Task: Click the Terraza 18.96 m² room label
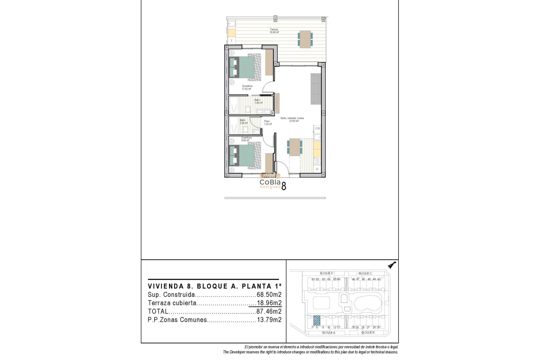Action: click(x=274, y=31)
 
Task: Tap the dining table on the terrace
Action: click(x=305, y=39)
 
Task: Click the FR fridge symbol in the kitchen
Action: click(x=318, y=129)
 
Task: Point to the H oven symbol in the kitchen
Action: click(x=317, y=169)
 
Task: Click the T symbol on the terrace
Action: click(x=231, y=41)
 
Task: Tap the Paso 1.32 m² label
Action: click(x=268, y=123)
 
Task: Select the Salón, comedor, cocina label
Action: click(x=292, y=120)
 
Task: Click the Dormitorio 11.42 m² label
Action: click(x=247, y=87)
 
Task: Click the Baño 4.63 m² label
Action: click(x=258, y=101)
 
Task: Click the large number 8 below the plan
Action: click(x=284, y=186)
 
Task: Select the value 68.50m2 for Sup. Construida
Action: click(x=269, y=295)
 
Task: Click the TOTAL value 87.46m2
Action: click(x=269, y=311)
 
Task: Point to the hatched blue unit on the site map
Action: click(x=317, y=320)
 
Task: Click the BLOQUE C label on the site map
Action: click(x=365, y=273)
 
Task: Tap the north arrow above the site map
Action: click(x=391, y=265)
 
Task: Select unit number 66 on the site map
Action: click(x=338, y=279)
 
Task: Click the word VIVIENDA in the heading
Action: click(x=166, y=286)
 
